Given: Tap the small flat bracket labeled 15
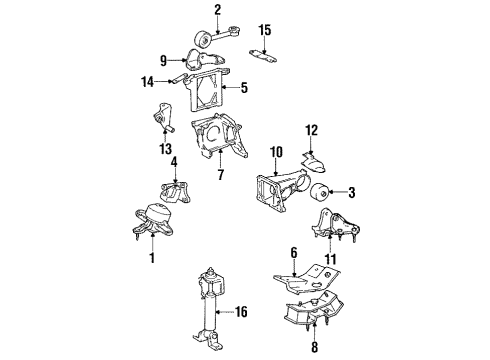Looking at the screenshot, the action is [264, 53].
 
